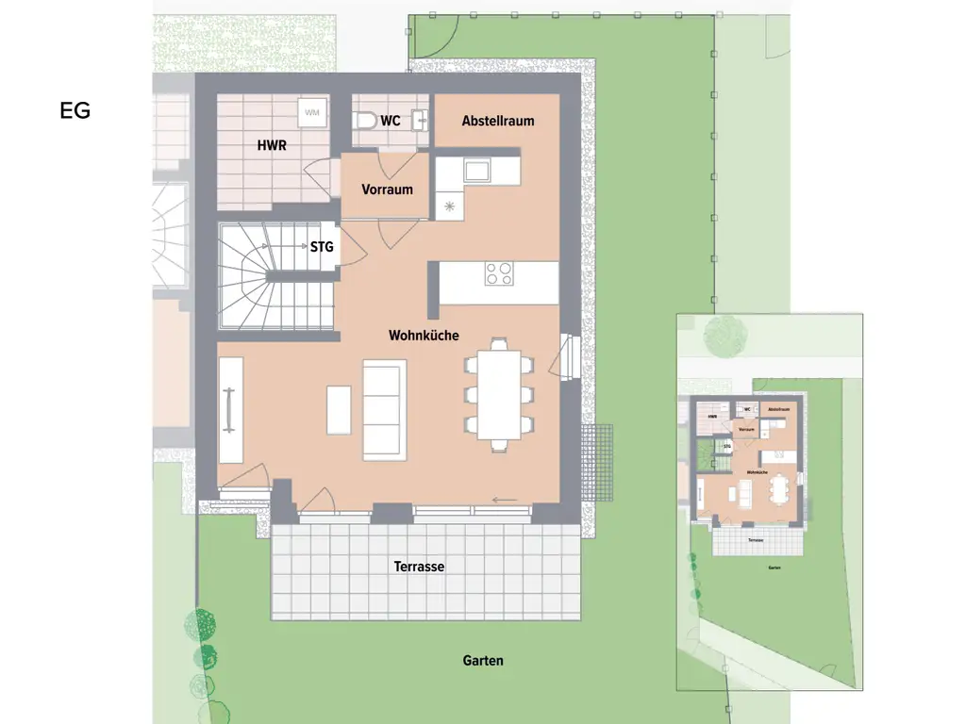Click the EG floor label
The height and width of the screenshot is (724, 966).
(x=75, y=110)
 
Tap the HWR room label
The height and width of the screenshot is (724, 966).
(x=272, y=146)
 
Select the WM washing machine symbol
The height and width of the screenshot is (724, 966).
(x=312, y=113)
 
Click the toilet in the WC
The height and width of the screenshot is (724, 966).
(x=365, y=121)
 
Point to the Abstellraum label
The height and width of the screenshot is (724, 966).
(x=498, y=121)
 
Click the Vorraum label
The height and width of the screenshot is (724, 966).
(x=387, y=189)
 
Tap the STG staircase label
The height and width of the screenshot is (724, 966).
(x=322, y=248)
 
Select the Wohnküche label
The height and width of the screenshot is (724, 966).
(x=424, y=335)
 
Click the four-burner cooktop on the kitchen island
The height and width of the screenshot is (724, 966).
(x=499, y=273)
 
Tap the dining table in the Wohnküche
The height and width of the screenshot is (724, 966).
(x=498, y=395)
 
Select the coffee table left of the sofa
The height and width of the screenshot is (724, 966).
(x=339, y=410)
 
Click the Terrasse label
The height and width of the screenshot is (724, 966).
(x=419, y=567)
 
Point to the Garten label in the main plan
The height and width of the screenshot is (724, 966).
(x=483, y=661)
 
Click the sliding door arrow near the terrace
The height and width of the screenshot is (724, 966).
(x=505, y=500)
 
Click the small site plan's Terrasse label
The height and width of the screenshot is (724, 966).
(x=755, y=540)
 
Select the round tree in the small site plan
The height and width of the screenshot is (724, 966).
(x=724, y=334)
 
